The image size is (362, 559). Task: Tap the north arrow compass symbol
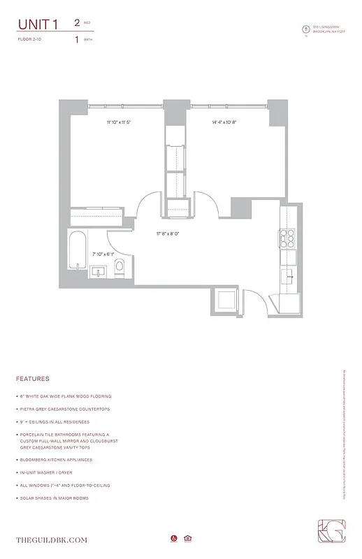click(305, 29)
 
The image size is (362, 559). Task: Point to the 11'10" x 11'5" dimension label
click(119, 122)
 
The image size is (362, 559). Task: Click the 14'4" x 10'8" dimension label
click(224, 122)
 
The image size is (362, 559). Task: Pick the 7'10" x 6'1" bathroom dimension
click(100, 254)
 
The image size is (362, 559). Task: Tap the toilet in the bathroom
click(119, 266)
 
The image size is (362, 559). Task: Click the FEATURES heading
click(33, 379)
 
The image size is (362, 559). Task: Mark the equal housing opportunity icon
click(187, 538)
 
